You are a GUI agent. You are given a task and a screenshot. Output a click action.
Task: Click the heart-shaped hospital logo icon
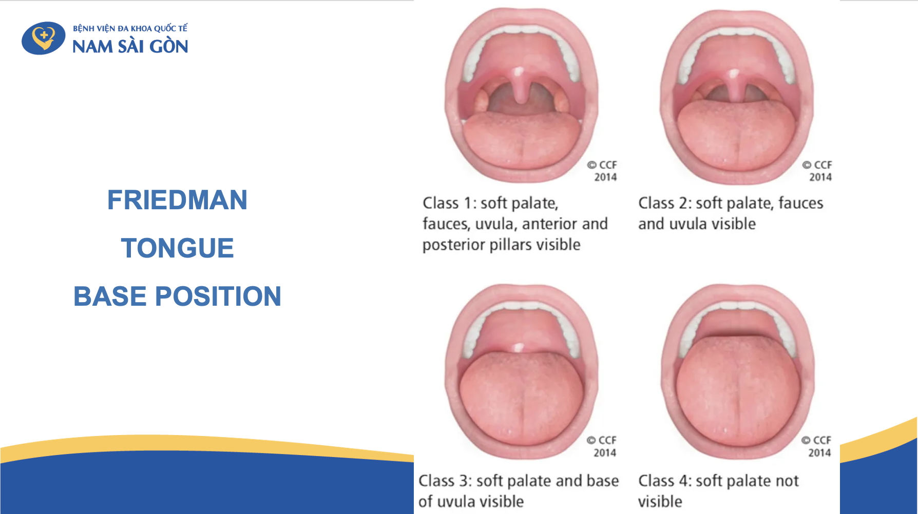point(44,38)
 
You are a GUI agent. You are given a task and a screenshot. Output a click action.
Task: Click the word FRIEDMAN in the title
point(177,200)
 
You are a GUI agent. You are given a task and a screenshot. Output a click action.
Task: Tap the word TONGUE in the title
point(177,248)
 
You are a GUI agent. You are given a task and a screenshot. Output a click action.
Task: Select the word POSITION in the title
point(218,296)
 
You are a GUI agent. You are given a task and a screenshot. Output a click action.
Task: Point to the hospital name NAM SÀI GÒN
point(130,47)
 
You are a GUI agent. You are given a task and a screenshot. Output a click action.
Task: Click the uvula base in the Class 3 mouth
point(519,348)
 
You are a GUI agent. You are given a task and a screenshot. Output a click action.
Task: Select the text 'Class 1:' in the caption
point(449,203)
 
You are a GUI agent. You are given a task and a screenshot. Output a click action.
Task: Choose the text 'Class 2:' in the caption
point(664,203)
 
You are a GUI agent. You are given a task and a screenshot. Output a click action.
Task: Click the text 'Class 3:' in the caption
point(445,481)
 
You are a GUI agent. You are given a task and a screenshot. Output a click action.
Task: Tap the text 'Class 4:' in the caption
point(664,481)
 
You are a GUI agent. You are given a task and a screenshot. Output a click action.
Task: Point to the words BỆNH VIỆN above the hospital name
point(94,29)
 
